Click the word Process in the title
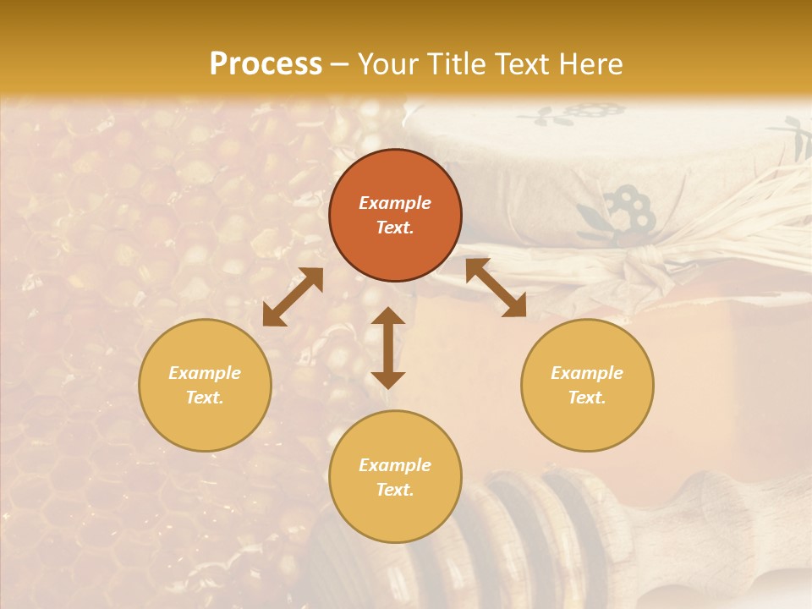tap(266, 64)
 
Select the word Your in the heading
tap(389, 64)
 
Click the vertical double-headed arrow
tap(388, 348)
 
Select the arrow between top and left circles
tap(293, 297)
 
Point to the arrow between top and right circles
tap(496, 288)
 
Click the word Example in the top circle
tap(395, 203)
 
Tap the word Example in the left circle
tap(205, 373)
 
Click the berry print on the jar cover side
tap(630, 211)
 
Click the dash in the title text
tap(340, 64)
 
